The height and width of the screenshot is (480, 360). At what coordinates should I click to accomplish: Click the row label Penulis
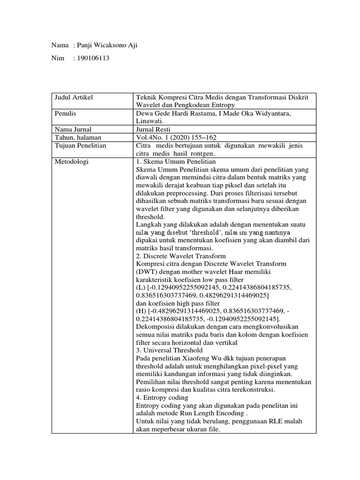click(x=65, y=113)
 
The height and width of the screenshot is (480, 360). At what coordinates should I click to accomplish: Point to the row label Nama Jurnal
click(x=72, y=129)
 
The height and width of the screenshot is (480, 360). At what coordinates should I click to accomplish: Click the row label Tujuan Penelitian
click(x=79, y=145)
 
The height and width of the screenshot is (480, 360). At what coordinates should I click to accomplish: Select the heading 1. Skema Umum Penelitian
click(x=175, y=162)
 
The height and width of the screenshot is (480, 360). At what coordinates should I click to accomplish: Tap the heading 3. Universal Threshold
click(x=169, y=350)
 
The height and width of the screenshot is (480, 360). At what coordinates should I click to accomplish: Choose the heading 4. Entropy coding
click(x=162, y=397)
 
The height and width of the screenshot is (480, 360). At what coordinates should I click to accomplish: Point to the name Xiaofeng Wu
click(x=192, y=358)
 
